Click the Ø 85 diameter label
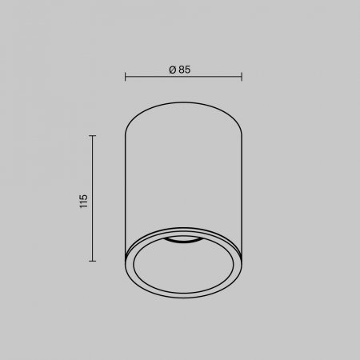tap(180, 70)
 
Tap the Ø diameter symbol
tap(173, 70)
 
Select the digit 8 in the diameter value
tap(182, 70)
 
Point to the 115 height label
tap(83, 202)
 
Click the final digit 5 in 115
tap(83, 197)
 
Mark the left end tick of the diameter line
tap(126, 77)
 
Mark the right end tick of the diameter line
tap(242, 77)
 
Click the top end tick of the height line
tap(92, 136)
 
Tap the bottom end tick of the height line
tap(92, 261)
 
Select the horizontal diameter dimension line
tap(183, 77)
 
